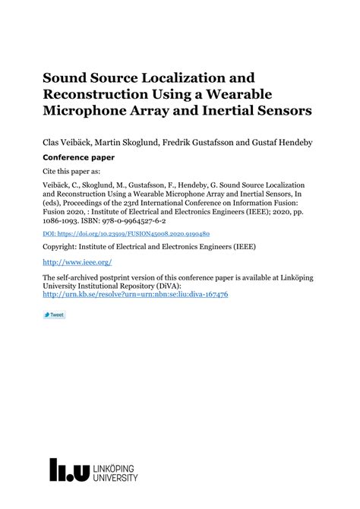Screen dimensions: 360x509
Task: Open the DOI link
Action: [x=126, y=234]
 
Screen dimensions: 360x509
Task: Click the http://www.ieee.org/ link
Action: [x=77, y=262]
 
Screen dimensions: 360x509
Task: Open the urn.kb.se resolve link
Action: [x=135, y=294]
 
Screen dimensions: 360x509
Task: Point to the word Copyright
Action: [x=62, y=248]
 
